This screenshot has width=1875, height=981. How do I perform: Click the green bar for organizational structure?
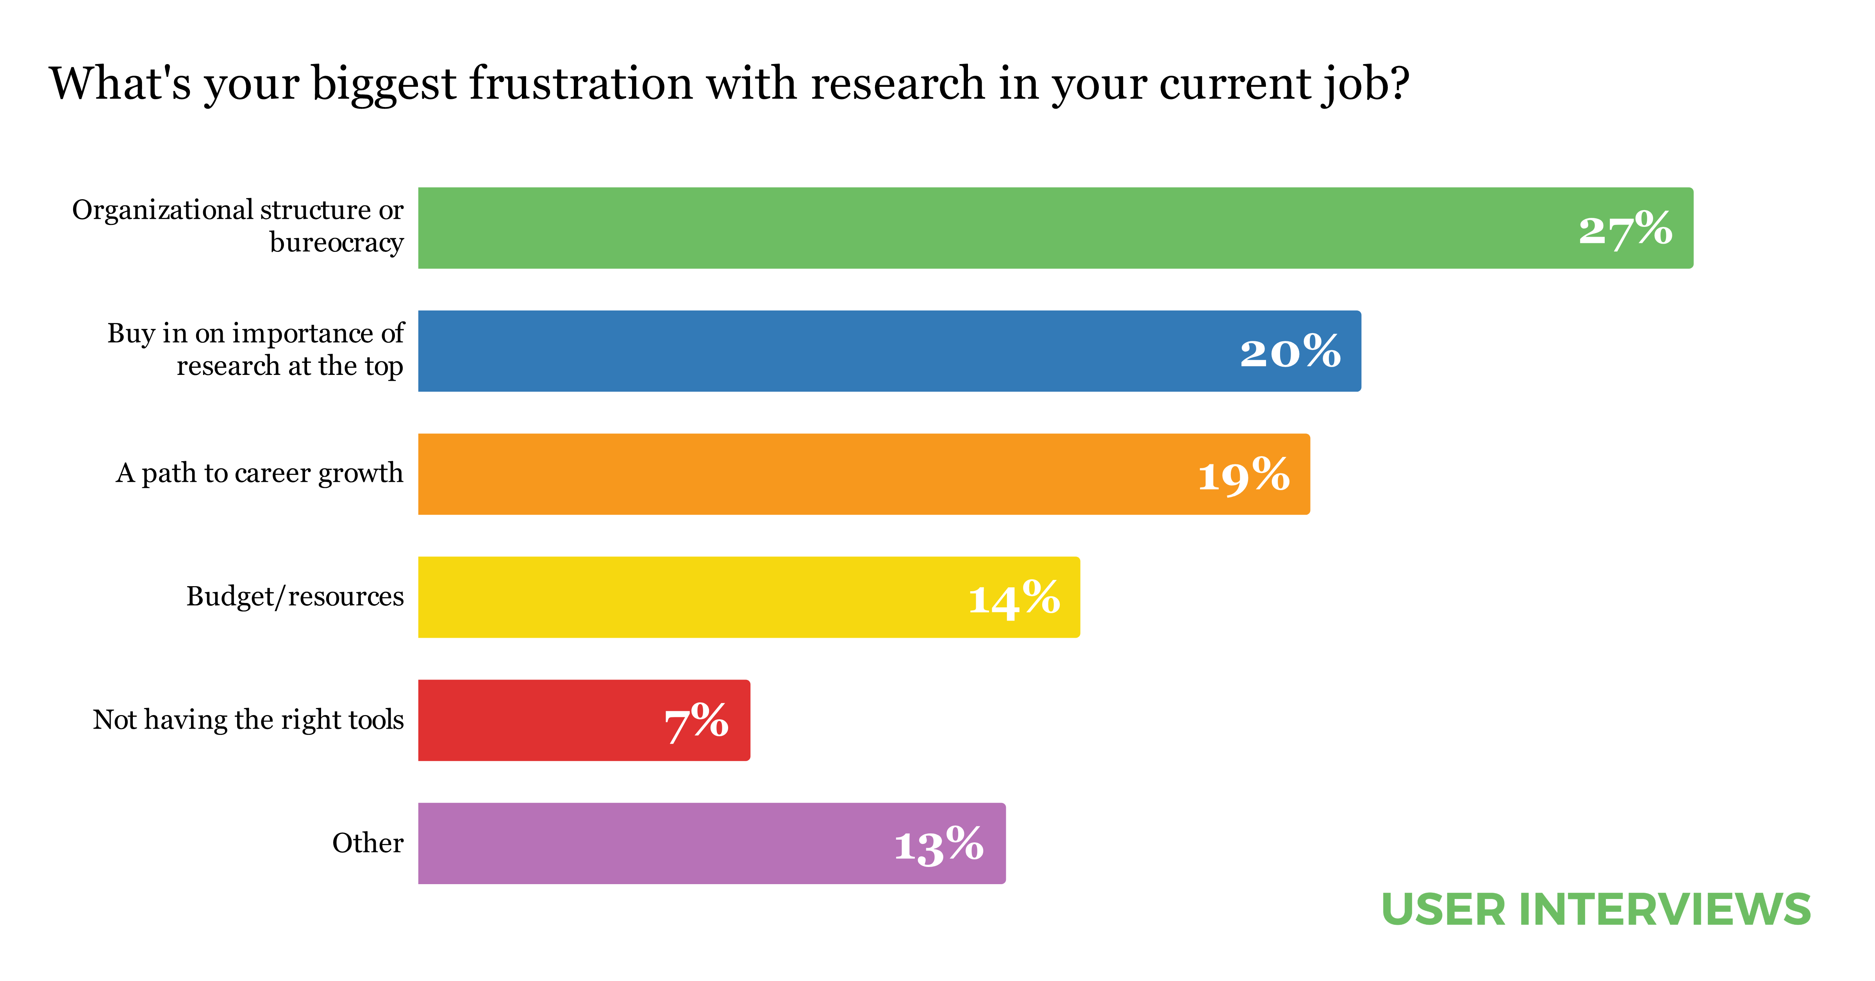click(x=946, y=228)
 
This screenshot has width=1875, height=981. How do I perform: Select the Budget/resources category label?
click(x=295, y=596)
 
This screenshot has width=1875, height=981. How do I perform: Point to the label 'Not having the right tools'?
click(x=248, y=720)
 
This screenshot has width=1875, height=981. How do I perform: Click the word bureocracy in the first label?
click(x=336, y=243)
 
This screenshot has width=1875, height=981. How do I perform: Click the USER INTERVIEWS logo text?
click(x=1595, y=910)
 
